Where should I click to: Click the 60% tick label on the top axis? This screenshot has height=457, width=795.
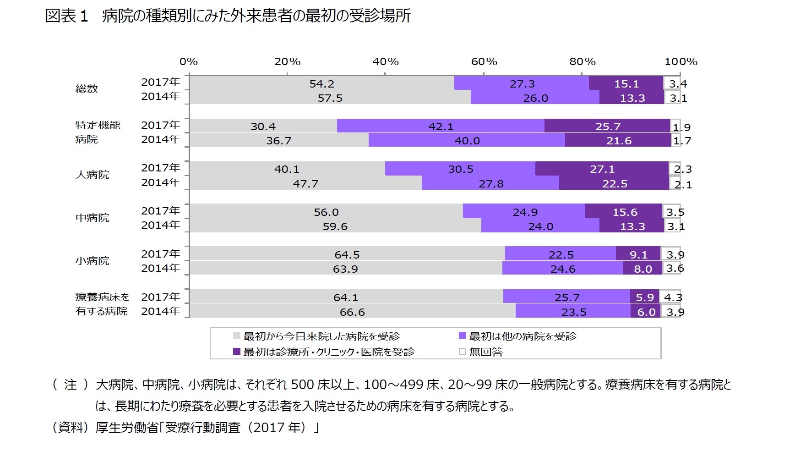pyautogui.click(x=484, y=61)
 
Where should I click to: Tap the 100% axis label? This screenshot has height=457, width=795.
pyautogui.click(x=681, y=61)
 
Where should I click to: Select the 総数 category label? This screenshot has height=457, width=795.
pyautogui.click(x=87, y=89)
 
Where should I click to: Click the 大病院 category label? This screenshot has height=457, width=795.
pyautogui.click(x=92, y=175)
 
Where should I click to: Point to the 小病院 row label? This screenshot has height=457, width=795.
pyautogui.click(x=92, y=261)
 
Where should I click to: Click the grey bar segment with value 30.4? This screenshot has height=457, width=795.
pyautogui.click(x=263, y=126)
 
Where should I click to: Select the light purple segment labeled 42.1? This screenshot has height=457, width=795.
pyautogui.click(x=441, y=126)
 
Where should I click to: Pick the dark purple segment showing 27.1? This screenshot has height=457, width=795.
pyautogui.click(x=602, y=169)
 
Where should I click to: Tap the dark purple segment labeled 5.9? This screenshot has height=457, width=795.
pyautogui.click(x=644, y=297)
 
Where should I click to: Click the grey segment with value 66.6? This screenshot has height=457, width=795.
pyautogui.click(x=352, y=312)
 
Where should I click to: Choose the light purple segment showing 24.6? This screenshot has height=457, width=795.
pyautogui.click(x=562, y=269)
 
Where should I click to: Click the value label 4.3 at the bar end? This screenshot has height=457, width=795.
pyautogui.click(x=673, y=297)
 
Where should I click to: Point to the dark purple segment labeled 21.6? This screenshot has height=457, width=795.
pyautogui.click(x=619, y=141)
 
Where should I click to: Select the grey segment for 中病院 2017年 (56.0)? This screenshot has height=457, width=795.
pyautogui.click(x=326, y=212)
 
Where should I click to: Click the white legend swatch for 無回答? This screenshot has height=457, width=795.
pyautogui.click(x=462, y=352)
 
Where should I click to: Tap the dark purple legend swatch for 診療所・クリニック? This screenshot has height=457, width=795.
pyautogui.click(x=237, y=352)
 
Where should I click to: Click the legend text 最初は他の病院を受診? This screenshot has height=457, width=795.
pyautogui.click(x=523, y=336)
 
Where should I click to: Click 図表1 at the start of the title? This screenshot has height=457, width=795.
pyautogui.click(x=66, y=17)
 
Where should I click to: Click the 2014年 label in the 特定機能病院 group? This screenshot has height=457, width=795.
pyautogui.click(x=160, y=139)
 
